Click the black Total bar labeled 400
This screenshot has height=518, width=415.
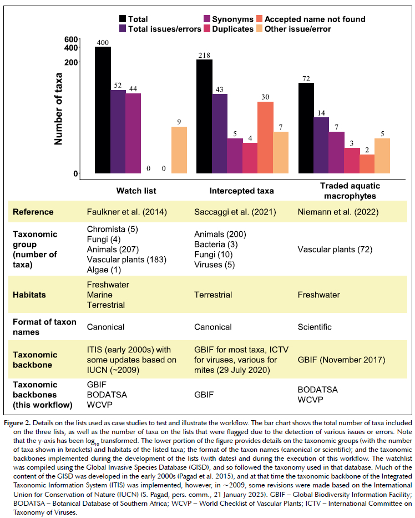click(103, 110)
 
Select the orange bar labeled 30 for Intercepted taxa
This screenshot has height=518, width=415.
click(265, 137)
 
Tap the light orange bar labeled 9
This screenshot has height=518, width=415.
click(179, 150)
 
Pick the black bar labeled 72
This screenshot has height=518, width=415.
click(306, 128)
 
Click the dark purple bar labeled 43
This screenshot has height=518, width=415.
click(219, 134)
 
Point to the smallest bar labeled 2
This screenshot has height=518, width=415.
click(367, 164)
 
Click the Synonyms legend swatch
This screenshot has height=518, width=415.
click(207, 19)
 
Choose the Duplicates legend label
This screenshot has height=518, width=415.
click(232, 29)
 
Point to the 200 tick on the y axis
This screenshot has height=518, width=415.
click(71, 62)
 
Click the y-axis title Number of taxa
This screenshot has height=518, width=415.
click(58, 109)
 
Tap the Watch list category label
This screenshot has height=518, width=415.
click(136, 191)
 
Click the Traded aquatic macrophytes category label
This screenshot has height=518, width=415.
click(350, 191)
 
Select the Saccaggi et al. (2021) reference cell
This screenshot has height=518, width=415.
click(235, 212)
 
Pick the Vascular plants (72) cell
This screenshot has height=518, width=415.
click(335, 250)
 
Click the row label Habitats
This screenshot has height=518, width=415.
click(29, 295)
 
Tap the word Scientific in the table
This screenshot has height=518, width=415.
click(315, 327)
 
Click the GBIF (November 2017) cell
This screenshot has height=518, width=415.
click(341, 360)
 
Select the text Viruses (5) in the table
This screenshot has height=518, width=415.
click(214, 265)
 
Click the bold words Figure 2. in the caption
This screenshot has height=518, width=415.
click(18, 423)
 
